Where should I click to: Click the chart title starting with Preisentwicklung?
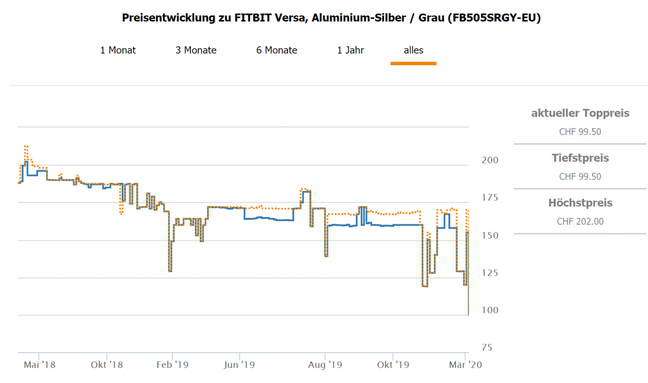click(331, 18)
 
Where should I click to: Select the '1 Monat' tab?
click(118, 50)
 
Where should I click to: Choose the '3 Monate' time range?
click(196, 50)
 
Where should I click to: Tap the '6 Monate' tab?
click(277, 50)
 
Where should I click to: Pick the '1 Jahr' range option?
click(351, 50)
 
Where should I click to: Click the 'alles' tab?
click(414, 50)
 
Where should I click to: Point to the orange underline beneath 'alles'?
click(414, 63)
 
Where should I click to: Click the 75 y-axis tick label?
click(487, 348)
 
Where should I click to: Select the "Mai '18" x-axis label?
click(39, 365)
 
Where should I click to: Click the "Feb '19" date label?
click(173, 365)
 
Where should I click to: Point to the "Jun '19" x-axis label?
click(239, 365)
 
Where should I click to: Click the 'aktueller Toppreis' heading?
click(580, 113)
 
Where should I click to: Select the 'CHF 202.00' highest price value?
click(580, 222)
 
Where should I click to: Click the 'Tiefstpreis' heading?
click(580, 158)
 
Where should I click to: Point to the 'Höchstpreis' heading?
click(580, 203)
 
